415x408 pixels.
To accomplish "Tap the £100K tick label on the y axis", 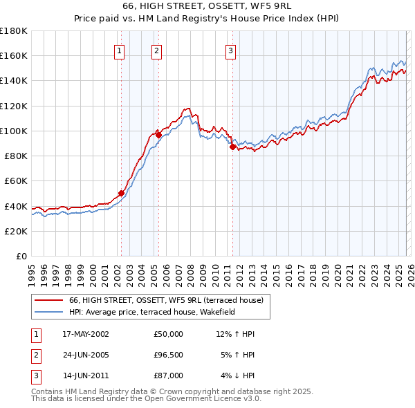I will [x=14, y=131].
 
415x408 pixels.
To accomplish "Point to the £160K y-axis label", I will [x=14, y=55].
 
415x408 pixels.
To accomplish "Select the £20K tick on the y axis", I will [x=15, y=231].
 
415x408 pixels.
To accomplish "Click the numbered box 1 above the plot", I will [x=120, y=50].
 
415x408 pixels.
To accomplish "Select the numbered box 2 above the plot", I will [x=157, y=50].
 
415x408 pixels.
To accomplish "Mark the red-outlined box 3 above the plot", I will [x=230, y=50].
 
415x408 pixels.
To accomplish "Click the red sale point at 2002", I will [x=121, y=194].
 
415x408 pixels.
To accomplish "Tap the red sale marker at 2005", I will [x=158, y=135].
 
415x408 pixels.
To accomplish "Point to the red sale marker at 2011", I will [x=232, y=147].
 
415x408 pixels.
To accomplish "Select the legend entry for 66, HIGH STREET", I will [x=166, y=300].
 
